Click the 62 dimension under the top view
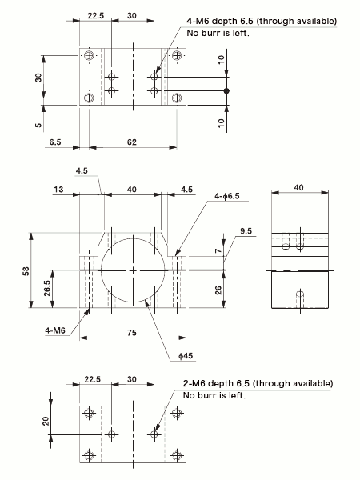pyautogui.click(x=132, y=142)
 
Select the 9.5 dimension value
pyautogui.click(x=246, y=232)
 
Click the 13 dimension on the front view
pyautogui.click(x=60, y=190)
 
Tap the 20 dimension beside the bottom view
pyautogui.click(x=46, y=422)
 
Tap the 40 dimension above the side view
pyautogui.click(x=299, y=186)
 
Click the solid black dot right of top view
pyautogui.click(x=227, y=90)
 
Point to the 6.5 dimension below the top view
pyautogui.click(x=55, y=142)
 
